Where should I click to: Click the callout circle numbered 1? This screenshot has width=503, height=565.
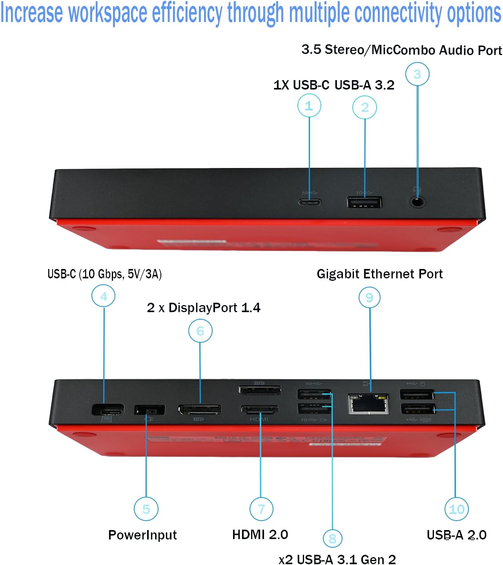[x=309, y=106]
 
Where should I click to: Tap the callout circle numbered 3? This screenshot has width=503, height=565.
[x=417, y=74]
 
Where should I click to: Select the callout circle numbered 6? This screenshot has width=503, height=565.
[x=200, y=331]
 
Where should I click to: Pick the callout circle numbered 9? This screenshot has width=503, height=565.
[x=369, y=298]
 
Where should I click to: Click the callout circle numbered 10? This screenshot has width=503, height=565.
[x=456, y=509]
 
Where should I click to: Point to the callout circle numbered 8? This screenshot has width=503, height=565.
[x=332, y=538]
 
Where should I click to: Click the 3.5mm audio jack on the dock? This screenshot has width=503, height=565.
[x=418, y=203]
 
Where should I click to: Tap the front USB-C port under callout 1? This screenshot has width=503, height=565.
[x=310, y=203]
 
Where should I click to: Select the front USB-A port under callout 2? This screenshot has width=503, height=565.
[x=364, y=203]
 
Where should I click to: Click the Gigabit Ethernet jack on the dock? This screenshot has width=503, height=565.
[x=368, y=404]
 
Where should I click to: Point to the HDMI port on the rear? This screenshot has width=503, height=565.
[x=259, y=410]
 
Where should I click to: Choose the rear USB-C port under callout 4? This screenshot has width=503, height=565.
[x=108, y=410]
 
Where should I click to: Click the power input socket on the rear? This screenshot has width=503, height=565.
[x=149, y=410]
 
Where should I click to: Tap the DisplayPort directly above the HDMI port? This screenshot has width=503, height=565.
[x=260, y=390]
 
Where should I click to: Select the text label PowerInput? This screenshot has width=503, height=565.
[x=142, y=535]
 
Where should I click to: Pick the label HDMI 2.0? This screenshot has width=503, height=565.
[x=260, y=534]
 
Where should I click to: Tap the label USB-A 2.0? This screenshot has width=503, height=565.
[x=456, y=535]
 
